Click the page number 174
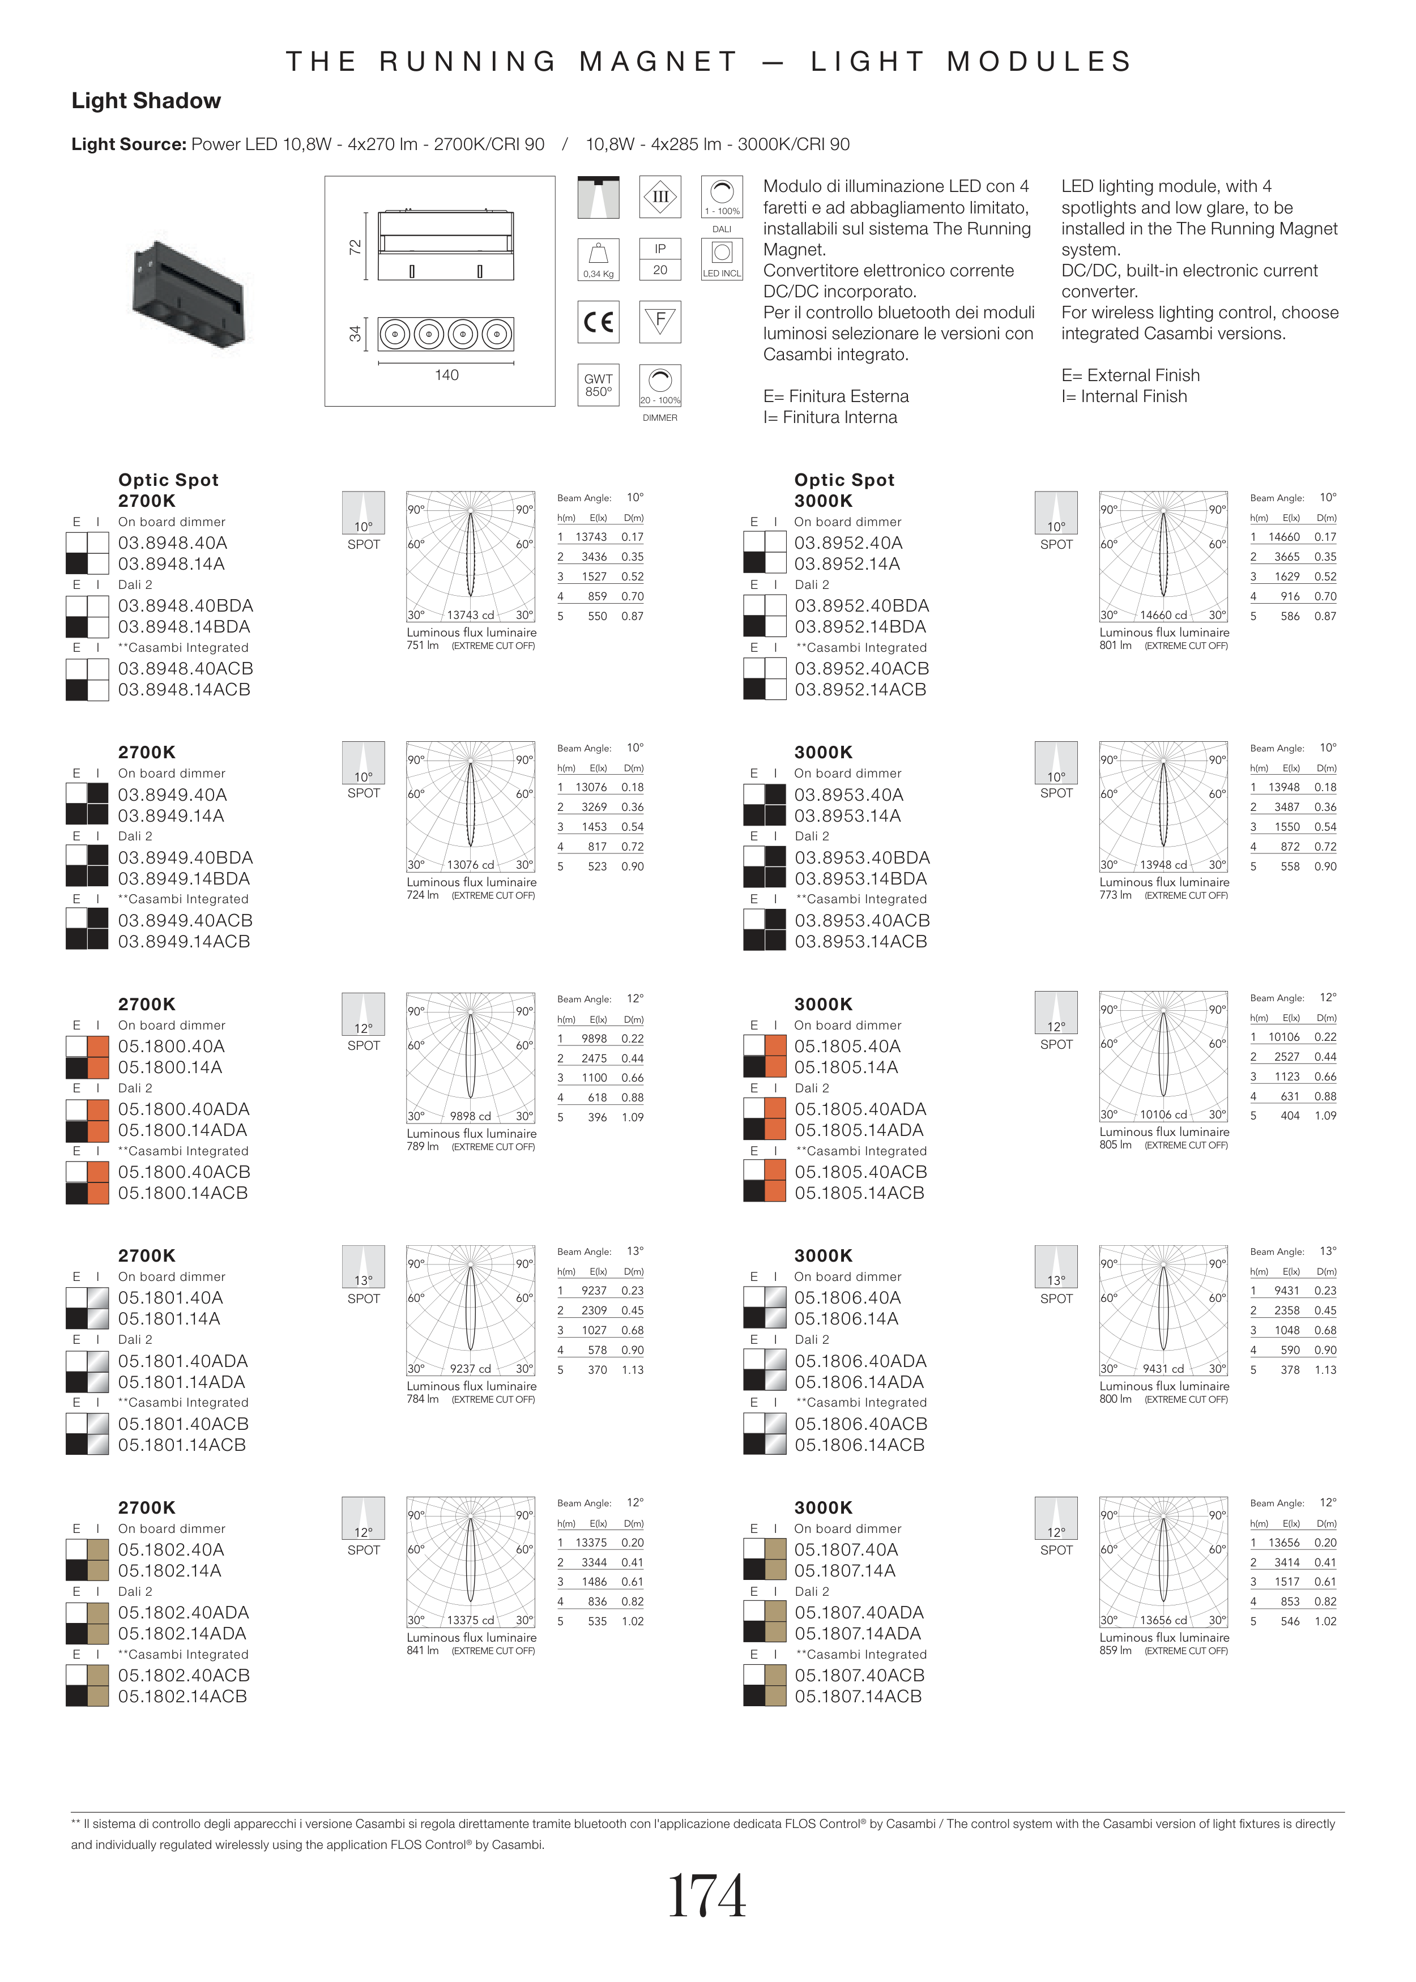[707, 1896]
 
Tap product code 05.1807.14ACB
[858, 1696]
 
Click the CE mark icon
[598, 322]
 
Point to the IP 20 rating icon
[660, 259]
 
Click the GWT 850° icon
[598, 385]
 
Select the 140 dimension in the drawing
[446, 375]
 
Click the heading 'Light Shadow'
[147, 101]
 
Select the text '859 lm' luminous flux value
[1115, 1650]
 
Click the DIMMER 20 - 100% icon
[660, 385]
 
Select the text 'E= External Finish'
[1130, 375]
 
